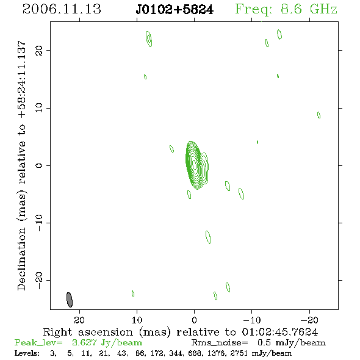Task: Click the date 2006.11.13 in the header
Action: pyautogui.click(x=62, y=9)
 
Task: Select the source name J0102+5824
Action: pyautogui.click(x=175, y=10)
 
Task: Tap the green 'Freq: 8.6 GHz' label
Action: pyautogui.click(x=286, y=9)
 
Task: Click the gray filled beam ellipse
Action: pyautogui.click(x=70, y=300)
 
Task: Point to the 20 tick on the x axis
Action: pyautogui.click(x=79, y=320)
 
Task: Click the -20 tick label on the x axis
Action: pyautogui.click(x=309, y=320)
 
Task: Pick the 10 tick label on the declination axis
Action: pyautogui.click(x=39, y=108)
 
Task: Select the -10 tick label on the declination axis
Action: pyautogui.click(x=39, y=223)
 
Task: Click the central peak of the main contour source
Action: pyautogui.click(x=194, y=164)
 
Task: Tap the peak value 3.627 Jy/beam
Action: pyautogui.click(x=107, y=342)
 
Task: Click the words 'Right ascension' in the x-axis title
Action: pyautogui.click(x=88, y=332)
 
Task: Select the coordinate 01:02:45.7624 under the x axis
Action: pyautogui.click(x=280, y=332)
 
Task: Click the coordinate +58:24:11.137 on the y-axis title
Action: pyautogui.click(x=22, y=79)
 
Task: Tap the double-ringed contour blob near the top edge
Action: pyautogui.click(x=149, y=39)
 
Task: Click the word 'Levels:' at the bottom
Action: pyautogui.click(x=27, y=353)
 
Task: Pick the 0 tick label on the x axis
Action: pyautogui.click(x=194, y=320)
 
